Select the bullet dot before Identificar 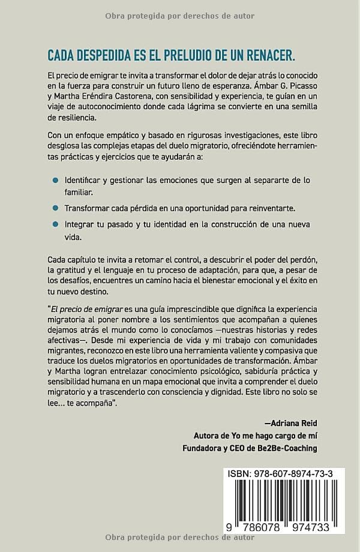pos(55,180)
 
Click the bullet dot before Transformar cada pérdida pos(55,208)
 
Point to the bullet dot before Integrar pos(55,224)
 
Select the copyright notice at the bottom pos(179,537)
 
